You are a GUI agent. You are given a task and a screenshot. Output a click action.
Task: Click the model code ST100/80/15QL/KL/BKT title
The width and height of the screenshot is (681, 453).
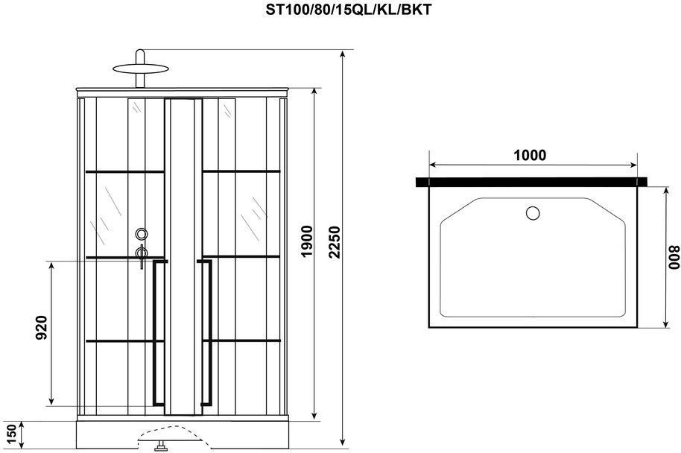[x=349, y=10]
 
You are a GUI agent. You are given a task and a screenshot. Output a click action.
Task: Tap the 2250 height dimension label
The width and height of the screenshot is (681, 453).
[x=335, y=242]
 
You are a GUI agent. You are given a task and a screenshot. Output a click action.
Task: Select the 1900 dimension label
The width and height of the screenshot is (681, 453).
[x=307, y=241]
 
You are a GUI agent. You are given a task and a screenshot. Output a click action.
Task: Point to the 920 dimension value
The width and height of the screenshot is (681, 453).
[x=41, y=328]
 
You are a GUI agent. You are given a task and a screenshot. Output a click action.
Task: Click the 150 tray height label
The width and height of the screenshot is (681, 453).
[x=11, y=435]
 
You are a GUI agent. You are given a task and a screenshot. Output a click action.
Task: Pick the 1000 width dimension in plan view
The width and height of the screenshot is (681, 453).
[x=530, y=155]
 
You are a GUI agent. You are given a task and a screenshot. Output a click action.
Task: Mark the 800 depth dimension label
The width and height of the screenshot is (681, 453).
[x=674, y=257]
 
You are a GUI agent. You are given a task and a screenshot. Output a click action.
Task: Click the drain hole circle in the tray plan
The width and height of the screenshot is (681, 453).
[x=533, y=213]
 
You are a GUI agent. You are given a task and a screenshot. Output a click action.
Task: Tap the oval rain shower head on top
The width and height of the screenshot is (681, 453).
[x=140, y=69]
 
